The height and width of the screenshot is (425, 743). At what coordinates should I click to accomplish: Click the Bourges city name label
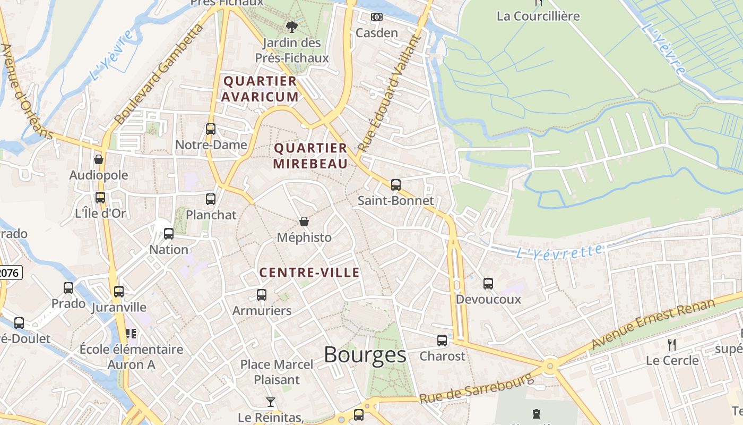365,355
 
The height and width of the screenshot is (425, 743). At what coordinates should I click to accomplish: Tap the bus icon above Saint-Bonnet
396,185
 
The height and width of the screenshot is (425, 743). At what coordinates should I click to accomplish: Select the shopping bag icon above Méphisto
304,222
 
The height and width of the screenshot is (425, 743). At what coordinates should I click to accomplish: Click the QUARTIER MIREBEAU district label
310,156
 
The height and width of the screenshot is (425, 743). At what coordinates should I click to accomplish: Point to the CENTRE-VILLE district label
309,273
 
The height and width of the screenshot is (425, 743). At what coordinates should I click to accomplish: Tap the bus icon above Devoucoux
488,284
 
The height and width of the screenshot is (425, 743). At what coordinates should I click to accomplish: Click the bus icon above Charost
442,341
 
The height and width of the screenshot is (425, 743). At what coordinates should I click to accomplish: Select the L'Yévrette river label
559,251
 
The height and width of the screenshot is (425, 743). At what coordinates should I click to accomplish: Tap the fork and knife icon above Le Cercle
672,344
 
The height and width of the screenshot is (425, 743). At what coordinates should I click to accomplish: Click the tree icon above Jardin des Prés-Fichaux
291,27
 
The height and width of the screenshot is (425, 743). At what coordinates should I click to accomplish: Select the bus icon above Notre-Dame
211,129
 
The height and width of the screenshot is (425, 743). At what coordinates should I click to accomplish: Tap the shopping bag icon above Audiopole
99,159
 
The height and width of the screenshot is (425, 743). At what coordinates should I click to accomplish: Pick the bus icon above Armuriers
262,295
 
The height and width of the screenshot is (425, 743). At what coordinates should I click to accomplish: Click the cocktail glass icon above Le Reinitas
271,402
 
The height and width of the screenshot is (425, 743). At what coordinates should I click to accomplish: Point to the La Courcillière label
538,16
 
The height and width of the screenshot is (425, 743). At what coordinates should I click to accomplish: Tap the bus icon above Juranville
119,292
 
